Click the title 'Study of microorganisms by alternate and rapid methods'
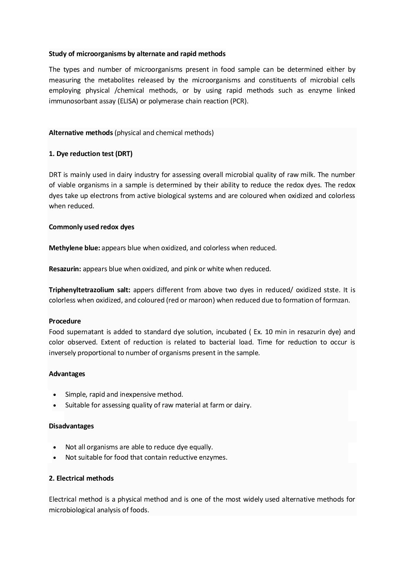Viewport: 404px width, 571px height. click(137, 54)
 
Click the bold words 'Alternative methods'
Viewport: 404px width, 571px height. click(81, 133)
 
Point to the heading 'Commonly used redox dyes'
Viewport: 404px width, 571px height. click(92, 227)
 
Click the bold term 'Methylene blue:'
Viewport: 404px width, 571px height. click(74, 248)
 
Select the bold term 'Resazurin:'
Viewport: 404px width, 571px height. click(65, 269)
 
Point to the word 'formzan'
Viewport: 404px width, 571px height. click(337, 300)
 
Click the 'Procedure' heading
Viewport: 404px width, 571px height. click(65, 321)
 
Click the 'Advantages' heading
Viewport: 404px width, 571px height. click(67, 374)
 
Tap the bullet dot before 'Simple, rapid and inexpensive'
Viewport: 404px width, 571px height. click(56, 395)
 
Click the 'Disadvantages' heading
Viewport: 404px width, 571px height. click(71, 426)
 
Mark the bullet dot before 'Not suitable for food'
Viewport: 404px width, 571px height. click(56, 458)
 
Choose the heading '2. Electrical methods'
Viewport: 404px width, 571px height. click(81, 478)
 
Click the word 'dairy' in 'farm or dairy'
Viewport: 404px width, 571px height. click(242, 405)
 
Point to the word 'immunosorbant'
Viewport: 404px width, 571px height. click(71, 101)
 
